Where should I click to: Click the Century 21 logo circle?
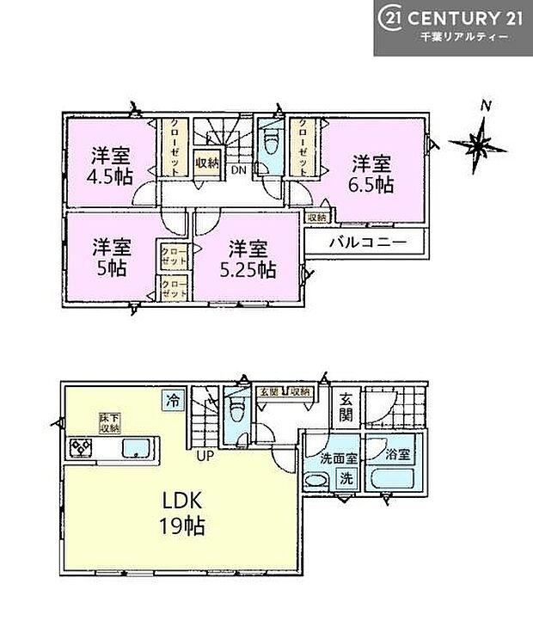389,18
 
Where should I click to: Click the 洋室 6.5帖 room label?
372,173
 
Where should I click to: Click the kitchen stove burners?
83,447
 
